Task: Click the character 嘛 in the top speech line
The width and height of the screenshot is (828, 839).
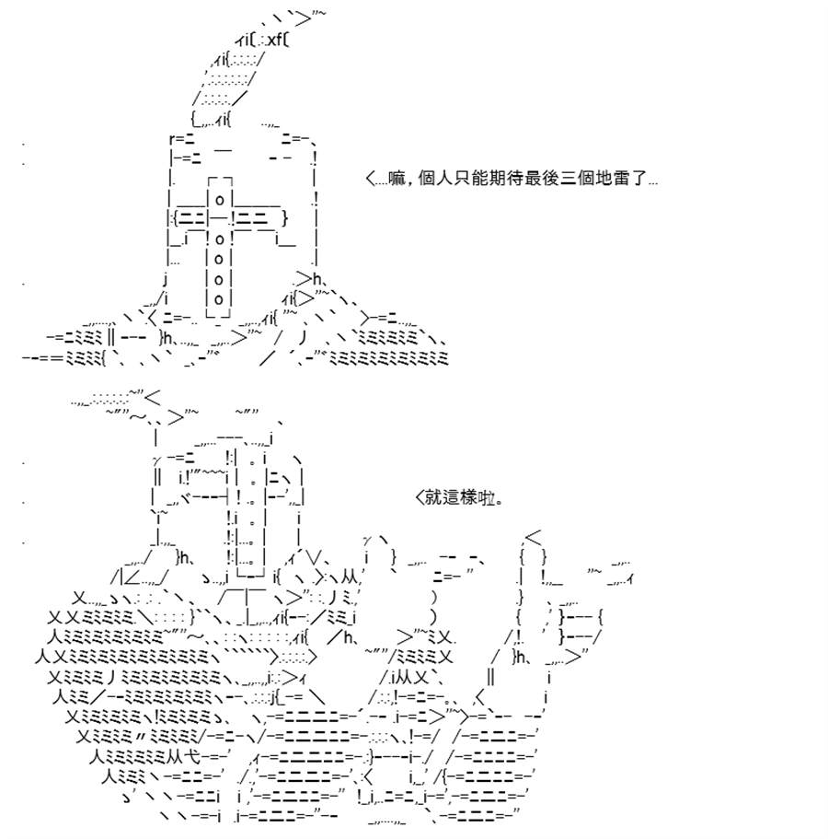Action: coord(397,178)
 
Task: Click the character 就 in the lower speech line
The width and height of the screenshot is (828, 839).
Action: coord(433,498)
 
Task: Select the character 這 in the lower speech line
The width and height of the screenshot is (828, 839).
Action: coord(451,498)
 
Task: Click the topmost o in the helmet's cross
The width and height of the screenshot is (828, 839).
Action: coord(220,200)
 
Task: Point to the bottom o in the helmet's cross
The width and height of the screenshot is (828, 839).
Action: coord(219,299)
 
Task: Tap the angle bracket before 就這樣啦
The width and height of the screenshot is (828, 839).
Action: coord(420,498)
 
